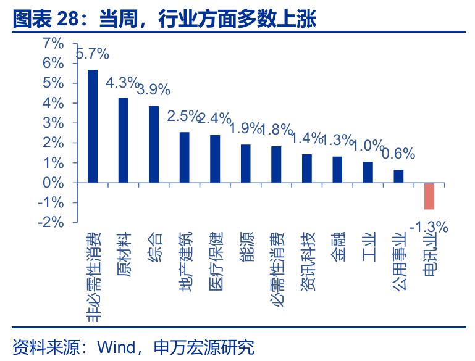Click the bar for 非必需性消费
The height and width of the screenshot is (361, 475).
93,126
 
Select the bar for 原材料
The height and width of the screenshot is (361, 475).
123,140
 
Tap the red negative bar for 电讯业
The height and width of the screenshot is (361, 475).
429,196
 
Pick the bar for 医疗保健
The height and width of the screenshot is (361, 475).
215,159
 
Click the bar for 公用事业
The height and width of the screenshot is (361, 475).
398,176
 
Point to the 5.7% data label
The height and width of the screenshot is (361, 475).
92,54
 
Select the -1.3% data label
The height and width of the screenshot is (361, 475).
429,227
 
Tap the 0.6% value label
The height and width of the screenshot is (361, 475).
398,154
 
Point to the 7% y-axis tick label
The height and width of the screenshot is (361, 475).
53,43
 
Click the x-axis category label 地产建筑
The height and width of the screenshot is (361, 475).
185,261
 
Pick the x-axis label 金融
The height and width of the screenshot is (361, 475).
338,247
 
